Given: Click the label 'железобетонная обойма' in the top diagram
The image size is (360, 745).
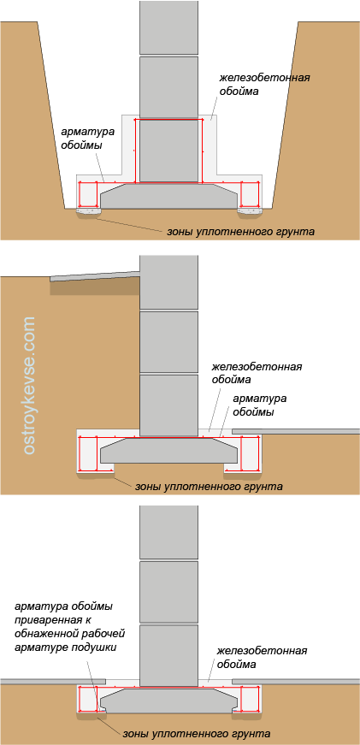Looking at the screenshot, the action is click(265, 84).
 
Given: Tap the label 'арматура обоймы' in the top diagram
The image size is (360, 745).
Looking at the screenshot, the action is click(80, 139).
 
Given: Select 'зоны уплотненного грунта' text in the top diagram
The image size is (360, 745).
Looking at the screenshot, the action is click(241, 233).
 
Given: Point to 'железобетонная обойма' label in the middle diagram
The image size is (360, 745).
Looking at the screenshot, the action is click(257, 374).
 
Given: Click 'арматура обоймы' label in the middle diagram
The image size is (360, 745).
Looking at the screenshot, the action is click(253, 405).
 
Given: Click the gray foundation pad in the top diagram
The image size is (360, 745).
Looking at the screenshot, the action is click(168, 196).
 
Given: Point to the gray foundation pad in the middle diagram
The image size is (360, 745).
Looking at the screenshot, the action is click(168, 450).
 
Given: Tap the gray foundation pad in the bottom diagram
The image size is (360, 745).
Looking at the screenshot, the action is click(168, 700).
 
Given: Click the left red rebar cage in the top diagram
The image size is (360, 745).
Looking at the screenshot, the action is click(88, 194).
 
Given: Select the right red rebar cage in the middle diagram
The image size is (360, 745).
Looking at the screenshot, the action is click(250, 453).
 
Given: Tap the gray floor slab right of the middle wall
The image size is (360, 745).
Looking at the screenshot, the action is click(296, 431).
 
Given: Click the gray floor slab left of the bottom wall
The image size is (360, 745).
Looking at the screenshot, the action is click(53, 682).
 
